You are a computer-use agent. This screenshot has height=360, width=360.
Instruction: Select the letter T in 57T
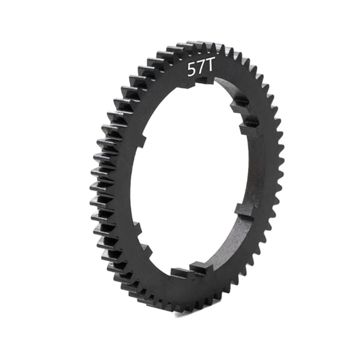tap(208, 69)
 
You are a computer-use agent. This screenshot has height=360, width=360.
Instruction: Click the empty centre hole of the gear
tap(191, 180)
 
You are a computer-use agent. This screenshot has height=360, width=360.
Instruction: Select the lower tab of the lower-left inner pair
tap(146, 249)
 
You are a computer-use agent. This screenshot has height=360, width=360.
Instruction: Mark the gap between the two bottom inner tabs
tap(189, 271)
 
